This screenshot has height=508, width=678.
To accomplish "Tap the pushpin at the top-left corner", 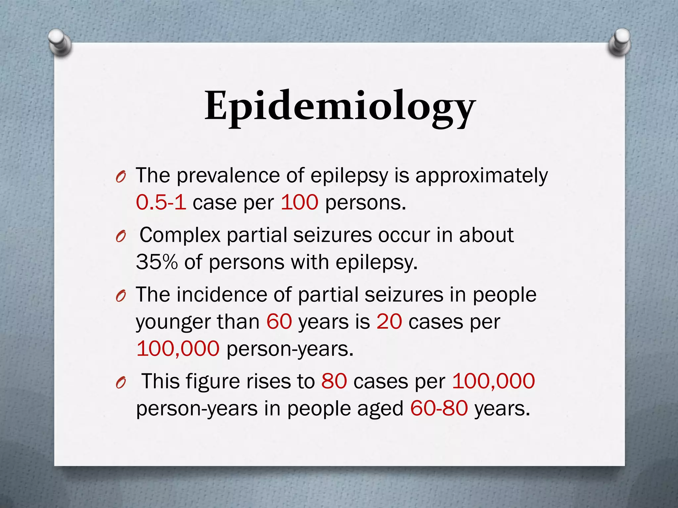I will click(x=60, y=42).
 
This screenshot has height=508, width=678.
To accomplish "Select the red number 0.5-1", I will click(x=161, y=202).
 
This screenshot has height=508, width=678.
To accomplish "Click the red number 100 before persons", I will click(x=300, y=202).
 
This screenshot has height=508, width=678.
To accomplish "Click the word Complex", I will click(x=180, y=235).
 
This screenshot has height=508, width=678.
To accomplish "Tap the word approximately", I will click(x=482, y=176).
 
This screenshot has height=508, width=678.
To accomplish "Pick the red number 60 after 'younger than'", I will click(x=279, y=321).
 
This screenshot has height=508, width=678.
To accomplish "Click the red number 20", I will click(x=389, y=321).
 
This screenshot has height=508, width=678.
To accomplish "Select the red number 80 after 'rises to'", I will click(x=334, y=381).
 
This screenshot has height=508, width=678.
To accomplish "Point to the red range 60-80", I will click(x=439, y=408).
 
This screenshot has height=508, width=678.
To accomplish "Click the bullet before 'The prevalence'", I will click(x=121, y=178).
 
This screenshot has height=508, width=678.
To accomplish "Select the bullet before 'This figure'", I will click(x=121, y=383).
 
